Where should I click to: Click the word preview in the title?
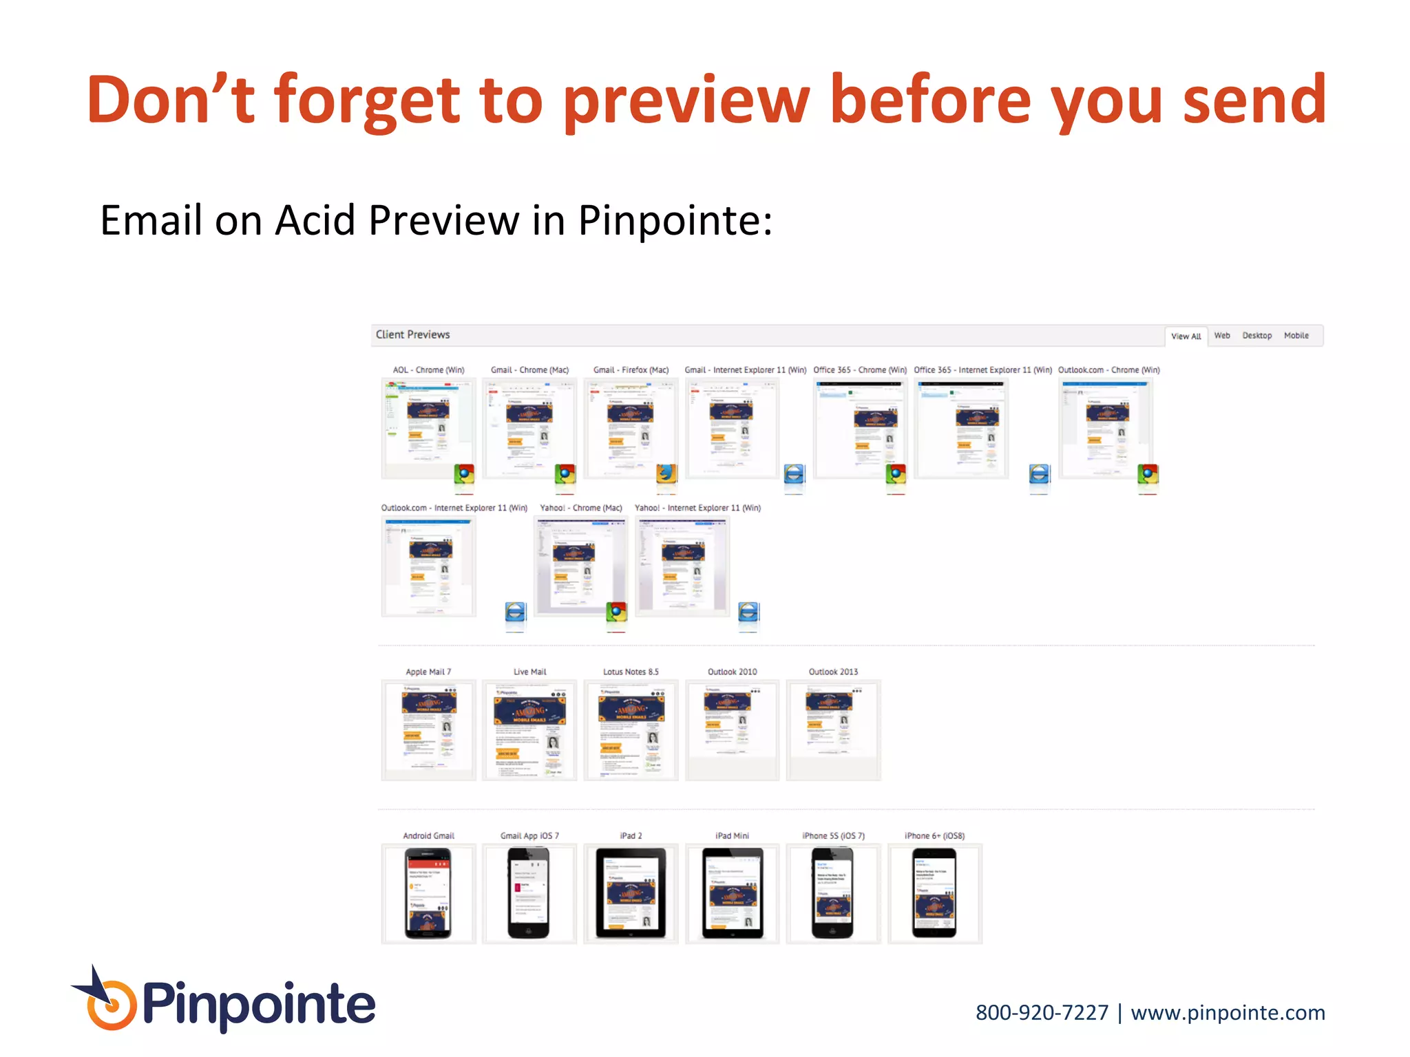686,100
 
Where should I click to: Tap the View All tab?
1186,336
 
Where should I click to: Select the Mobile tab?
1296,335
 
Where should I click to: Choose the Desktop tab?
1256,335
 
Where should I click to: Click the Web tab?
1221,335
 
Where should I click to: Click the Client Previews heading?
412,334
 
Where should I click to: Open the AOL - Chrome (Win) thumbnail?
428,428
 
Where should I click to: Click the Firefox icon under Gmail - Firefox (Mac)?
666,473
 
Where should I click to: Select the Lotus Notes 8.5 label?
631,672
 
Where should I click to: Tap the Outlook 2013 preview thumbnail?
833,729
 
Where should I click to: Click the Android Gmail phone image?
428,893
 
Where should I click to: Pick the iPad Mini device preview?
732,893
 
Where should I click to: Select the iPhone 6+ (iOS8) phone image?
934,893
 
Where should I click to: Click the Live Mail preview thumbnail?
529,729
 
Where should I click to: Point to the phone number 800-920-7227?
1042,1013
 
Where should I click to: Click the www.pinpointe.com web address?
1228,1013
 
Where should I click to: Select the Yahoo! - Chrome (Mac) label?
580,508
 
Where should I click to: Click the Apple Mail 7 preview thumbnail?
428,729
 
